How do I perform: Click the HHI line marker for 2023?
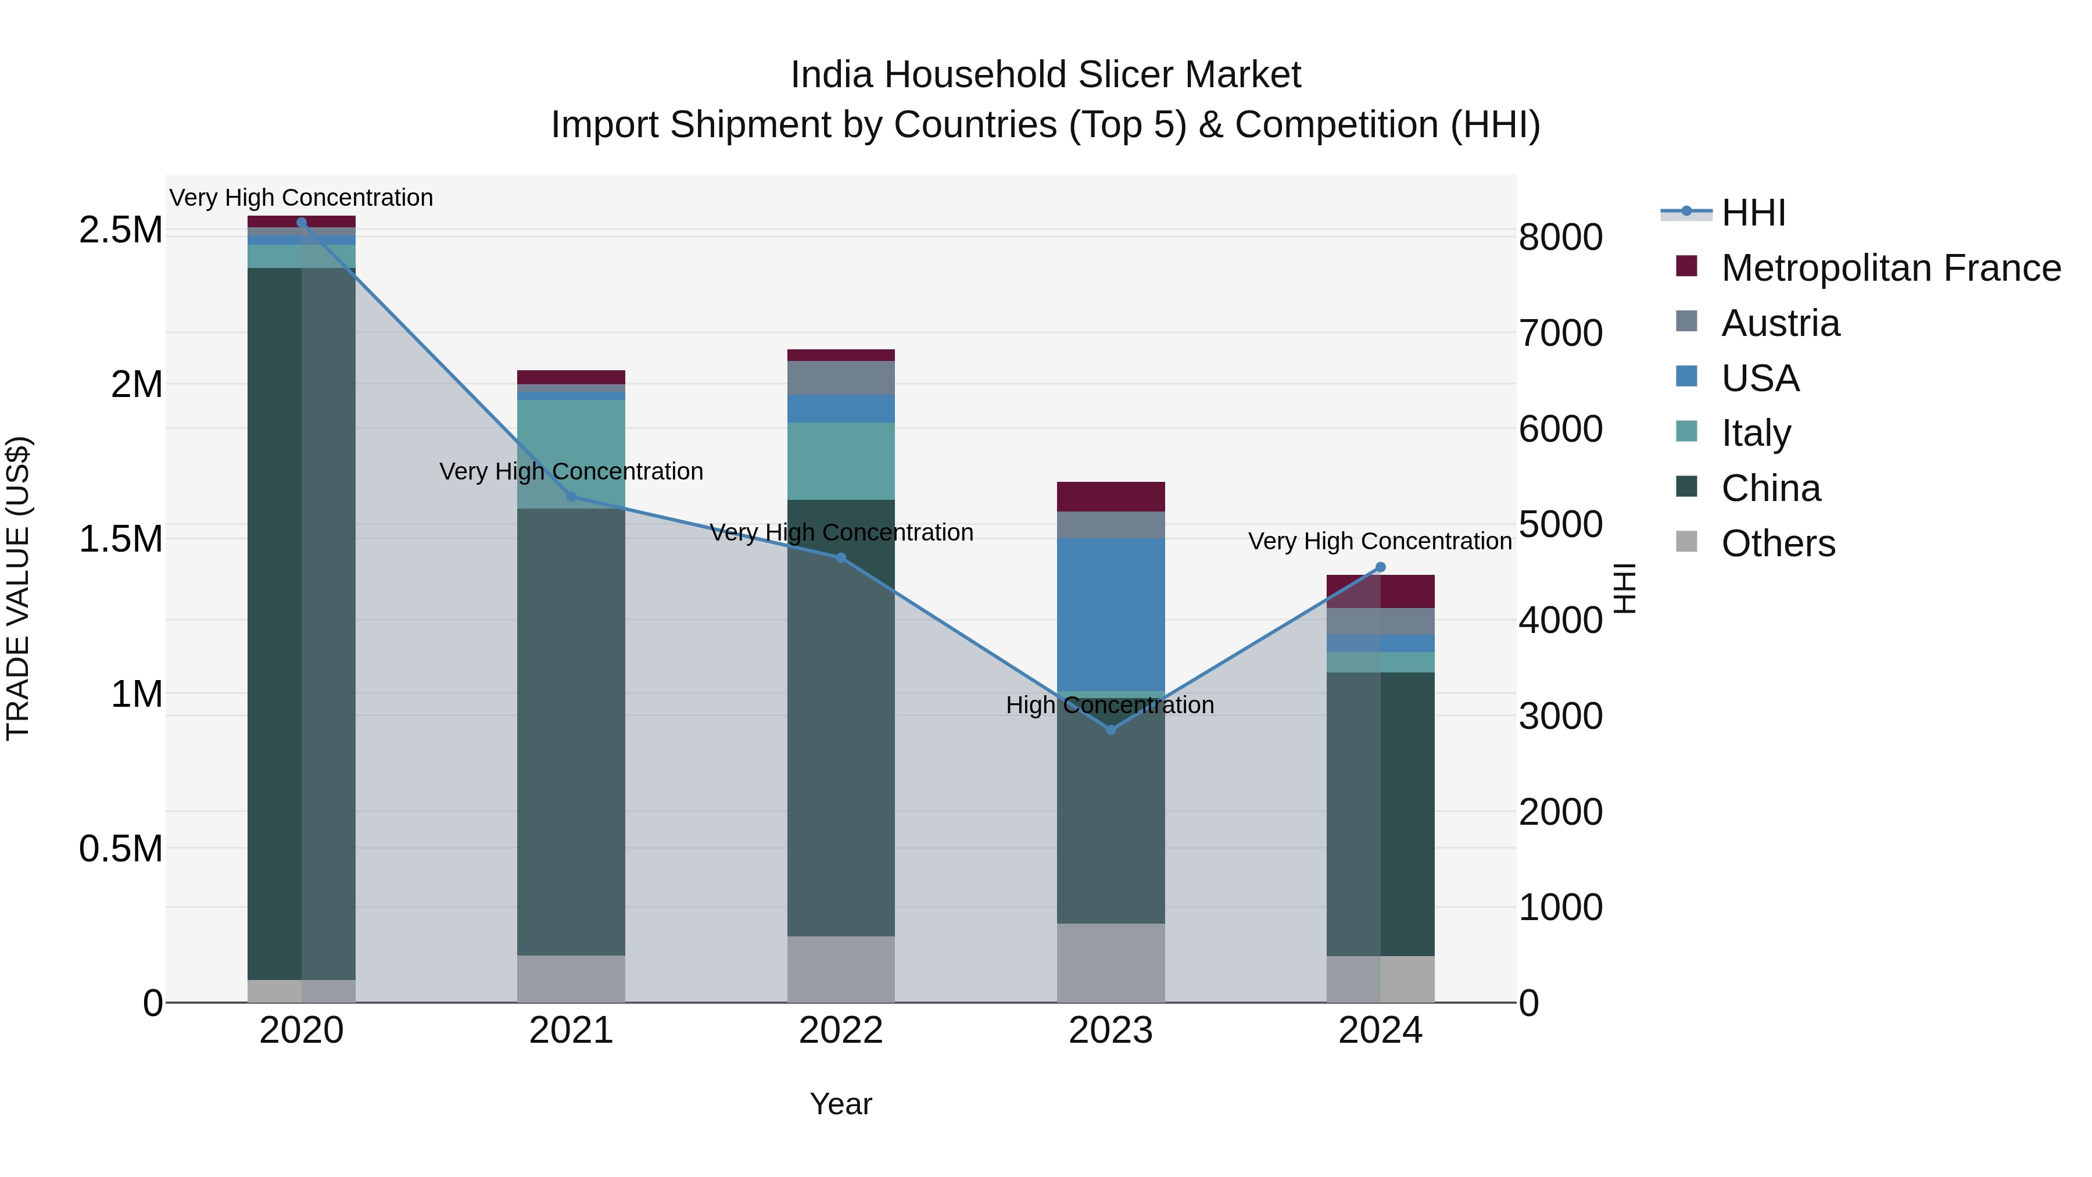(x=1111, y=729)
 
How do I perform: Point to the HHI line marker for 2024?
(x=1381, y=567)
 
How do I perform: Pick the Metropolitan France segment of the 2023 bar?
(x=1111, y=496)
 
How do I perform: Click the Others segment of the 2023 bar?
(x=1111, y=963)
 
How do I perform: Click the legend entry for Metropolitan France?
(x=1890, y=268)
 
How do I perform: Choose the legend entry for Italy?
(x=1756, y=433)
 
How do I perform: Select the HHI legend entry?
(x=1753, y=213)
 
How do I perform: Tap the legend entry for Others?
(x=1778, y=543)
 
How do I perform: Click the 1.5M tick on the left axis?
(x=121, y=539)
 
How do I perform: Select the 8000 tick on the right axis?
(x=1560, y=237)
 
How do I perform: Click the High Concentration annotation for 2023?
(x=1110, y=705)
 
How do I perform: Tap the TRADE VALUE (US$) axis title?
(x=18, y=588)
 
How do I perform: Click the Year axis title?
(x=840, y=1104)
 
